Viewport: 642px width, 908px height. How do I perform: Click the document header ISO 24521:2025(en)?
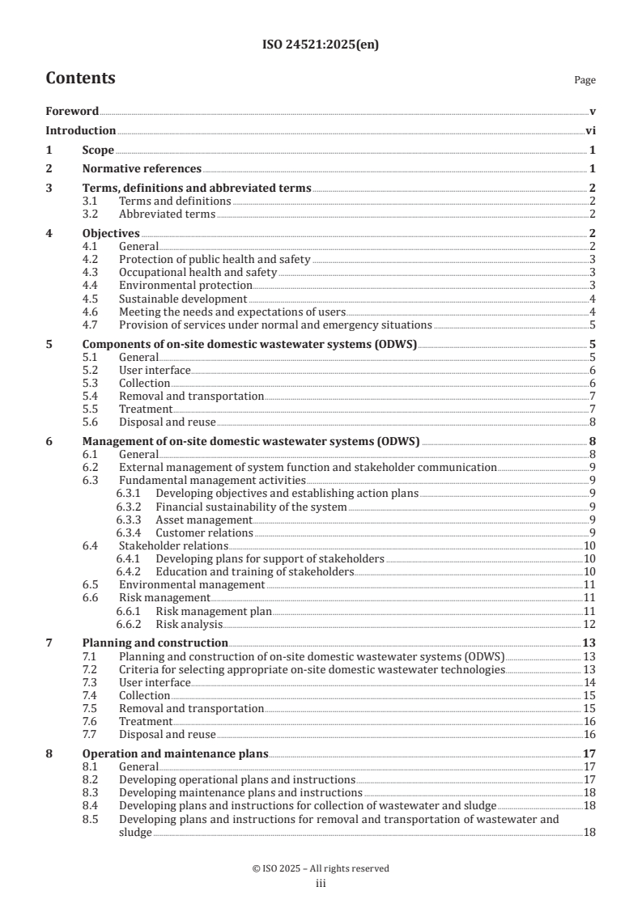[x=321, y=45]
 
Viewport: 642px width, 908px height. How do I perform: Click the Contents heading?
[x=80, y=78]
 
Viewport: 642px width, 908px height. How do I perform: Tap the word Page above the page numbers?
[x=585, y=81]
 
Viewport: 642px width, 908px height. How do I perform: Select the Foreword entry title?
[x=72, y=112]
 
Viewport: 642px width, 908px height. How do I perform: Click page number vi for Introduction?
[x=591, y=131]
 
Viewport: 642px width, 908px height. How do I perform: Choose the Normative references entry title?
[x=142, y=169]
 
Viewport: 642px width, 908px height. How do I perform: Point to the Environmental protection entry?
[x=185, y=285]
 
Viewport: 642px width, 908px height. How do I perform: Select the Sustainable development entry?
[x=183, y=299]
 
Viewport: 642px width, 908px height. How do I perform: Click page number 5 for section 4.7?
[x=593, y=325]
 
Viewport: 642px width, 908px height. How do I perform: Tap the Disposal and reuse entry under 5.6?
[x=167, y=422]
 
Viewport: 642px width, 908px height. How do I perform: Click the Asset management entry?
[x=204, y=520]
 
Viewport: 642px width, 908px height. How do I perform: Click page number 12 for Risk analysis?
[x=590, y=624]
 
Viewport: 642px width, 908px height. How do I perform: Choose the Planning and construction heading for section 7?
[x=146, y=643]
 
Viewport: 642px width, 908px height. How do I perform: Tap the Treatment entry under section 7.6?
[x=146, y=721]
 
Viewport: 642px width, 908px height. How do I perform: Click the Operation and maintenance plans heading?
[x=175, y=753]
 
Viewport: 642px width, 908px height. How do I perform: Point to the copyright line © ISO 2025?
[x=321, y=868]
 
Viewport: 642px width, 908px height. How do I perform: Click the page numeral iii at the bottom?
[x=321, y=884]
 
